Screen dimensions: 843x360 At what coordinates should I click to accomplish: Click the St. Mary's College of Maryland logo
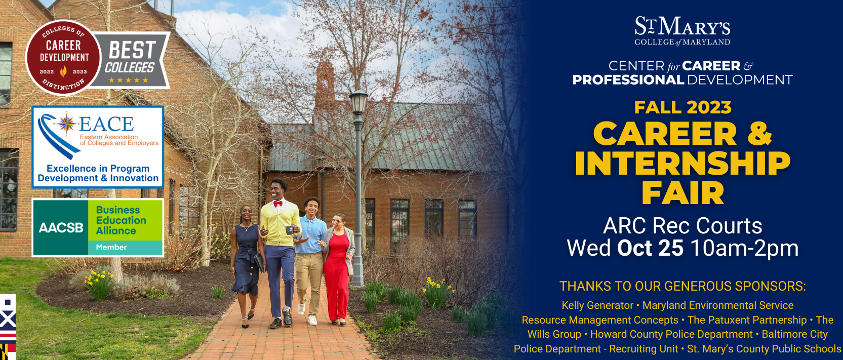click(x=683, y=31)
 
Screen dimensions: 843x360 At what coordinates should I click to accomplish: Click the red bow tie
click(x=278, y=204)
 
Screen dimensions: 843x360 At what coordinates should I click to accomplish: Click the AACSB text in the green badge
click(x=61, y=227)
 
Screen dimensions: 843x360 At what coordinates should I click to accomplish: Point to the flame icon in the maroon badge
click(x=64, y=71)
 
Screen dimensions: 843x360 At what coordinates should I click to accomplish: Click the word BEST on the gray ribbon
click(x=132, y=50)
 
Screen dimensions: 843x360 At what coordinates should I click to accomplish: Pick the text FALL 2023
click(x=683, y=107)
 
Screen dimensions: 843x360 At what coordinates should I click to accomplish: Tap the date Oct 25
click(x=650, y=248)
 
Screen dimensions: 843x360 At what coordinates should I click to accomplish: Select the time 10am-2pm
click(x=744, y=248)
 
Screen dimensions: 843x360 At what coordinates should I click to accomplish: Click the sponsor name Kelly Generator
click(x=597, y=305)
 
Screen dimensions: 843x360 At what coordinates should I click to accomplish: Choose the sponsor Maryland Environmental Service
click(x=717, y=305)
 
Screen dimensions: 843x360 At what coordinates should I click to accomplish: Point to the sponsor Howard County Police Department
click(x=671, y=334)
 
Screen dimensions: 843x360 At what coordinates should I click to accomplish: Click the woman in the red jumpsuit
click(x=338, y=269)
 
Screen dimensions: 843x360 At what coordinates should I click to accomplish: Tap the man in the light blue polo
click(x=309, y=260)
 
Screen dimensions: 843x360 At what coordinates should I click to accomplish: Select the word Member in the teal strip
click(x=111, y=247)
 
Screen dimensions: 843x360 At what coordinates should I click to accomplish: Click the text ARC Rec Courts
click(x=683, y=226)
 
